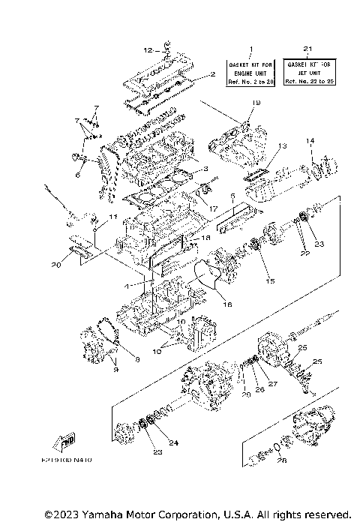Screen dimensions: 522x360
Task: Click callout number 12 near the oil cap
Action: [148, 50]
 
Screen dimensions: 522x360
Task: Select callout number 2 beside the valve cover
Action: [213, 74]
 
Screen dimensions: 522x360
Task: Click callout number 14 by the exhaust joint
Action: [308, 140]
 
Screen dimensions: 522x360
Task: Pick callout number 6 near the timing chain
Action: [76, 175]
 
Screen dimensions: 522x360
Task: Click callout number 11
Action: [113, 217]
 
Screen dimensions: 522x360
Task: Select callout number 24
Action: [174, 442]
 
